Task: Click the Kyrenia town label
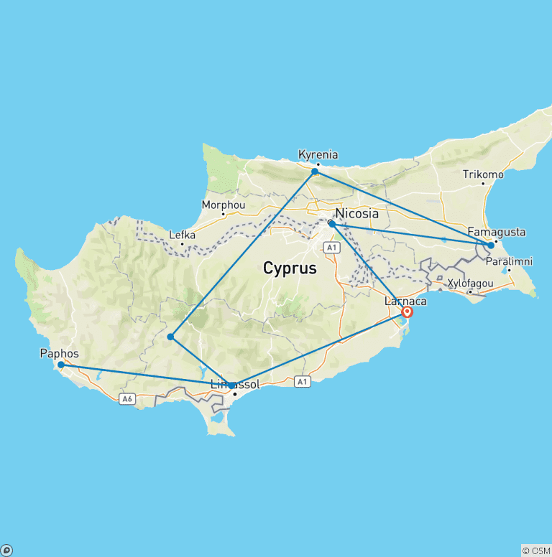point(318,154)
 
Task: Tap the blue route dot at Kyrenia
point(315,172)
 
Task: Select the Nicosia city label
point(356,212)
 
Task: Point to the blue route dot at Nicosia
point(331,224)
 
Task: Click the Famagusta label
point(496,232)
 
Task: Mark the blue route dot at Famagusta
point(491,245)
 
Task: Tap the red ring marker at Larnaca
point(408,312)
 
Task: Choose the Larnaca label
point(405,301)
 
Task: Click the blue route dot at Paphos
point(61,365)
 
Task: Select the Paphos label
point(60,354)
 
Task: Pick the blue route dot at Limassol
point(231,386)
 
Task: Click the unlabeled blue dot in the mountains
point(170,337)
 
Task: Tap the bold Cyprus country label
point(290,269)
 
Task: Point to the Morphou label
point(224,204)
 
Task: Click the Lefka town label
point(182,235)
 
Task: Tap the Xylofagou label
point(470,284)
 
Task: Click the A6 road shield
point(127,400)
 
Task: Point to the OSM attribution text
point(535,551)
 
